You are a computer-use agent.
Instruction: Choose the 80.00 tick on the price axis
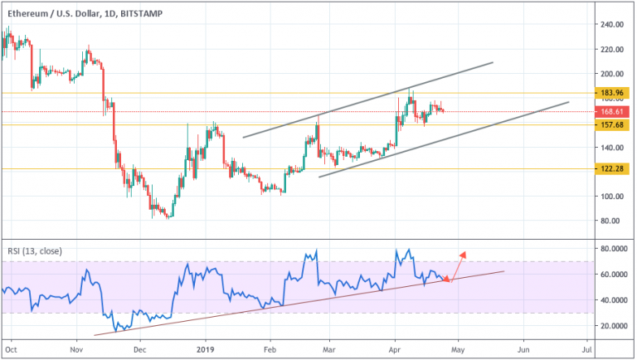pos(613,221)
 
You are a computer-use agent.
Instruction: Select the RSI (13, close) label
pos(36,251)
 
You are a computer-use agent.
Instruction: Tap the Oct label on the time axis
pos(10,351)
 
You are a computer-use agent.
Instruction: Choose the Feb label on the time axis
pos(269,351)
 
